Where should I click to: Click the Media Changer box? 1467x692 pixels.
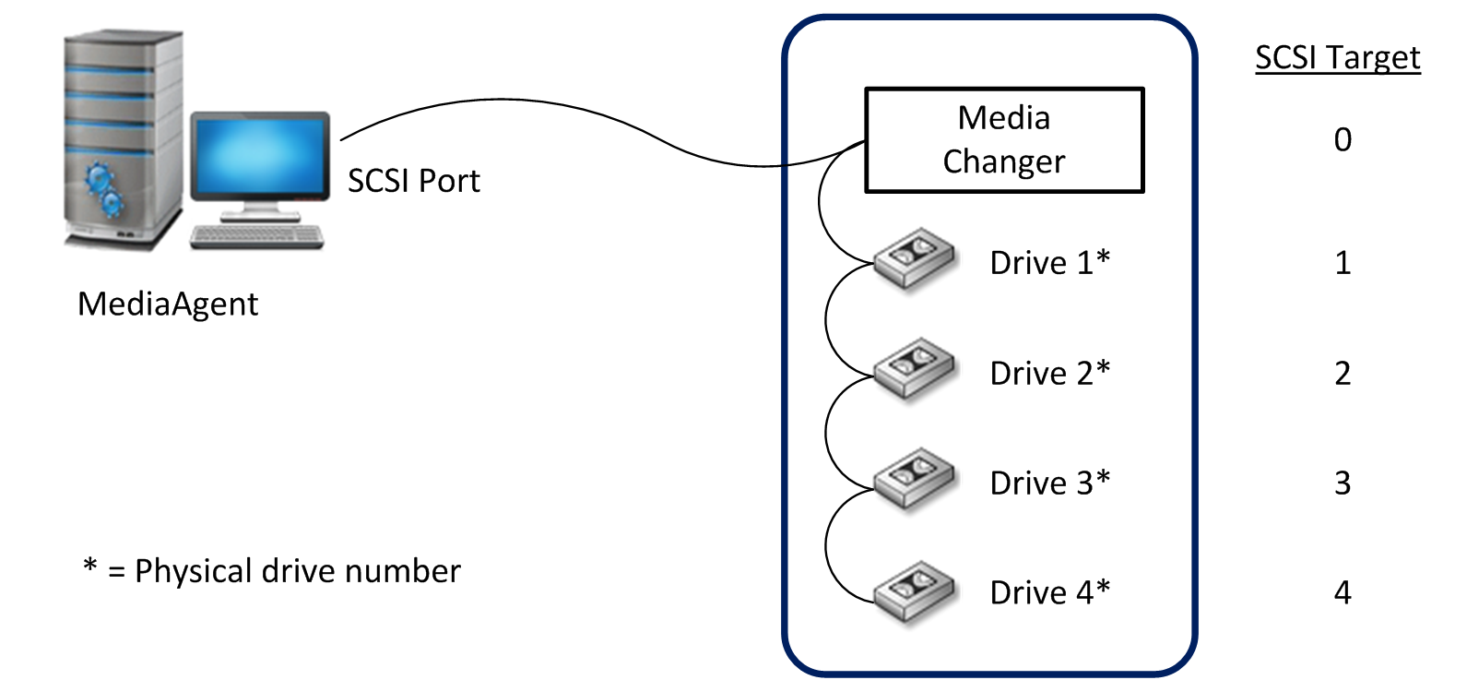1003,140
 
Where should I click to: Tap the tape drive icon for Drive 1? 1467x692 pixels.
914,259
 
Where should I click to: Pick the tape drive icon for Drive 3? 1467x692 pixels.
914,478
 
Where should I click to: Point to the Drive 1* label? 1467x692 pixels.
1049,263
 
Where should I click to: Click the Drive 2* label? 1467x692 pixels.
1049,373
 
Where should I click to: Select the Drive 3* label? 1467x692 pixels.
1049,483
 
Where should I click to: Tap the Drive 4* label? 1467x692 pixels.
1049,592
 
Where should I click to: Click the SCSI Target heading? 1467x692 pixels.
1337,57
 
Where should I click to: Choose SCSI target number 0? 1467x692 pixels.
1343,139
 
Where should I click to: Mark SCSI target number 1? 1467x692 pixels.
1343,263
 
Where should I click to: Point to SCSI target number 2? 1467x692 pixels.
1343,373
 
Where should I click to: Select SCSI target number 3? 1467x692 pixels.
1343,483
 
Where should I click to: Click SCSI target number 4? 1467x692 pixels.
1343,592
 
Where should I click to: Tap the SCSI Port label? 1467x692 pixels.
413,181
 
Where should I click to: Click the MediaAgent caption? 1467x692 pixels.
168,304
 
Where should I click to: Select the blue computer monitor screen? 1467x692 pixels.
260,155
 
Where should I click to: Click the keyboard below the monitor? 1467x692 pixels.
257,236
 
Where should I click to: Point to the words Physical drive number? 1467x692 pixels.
297,571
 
